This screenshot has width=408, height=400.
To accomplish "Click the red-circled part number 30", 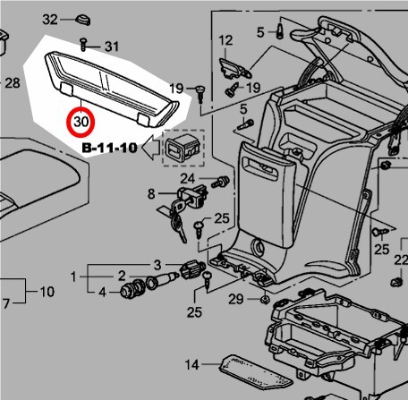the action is [x=81, y=122].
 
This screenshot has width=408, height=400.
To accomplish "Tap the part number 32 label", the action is [x=50, y=20].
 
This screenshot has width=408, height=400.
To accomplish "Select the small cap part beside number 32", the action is [x=82, y=20].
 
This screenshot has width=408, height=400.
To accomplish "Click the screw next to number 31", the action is [x=83, y=44].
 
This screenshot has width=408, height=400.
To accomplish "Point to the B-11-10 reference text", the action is [x=109, y=148].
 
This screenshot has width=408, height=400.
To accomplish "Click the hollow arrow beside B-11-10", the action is [x=151, y=148].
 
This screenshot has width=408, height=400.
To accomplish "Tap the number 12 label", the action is [x=225, y=40].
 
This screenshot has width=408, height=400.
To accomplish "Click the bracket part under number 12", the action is [x=235, y=69].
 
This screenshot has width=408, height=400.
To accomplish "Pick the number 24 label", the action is [x=188, y=179].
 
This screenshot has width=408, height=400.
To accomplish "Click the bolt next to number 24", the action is [x=220, y=182].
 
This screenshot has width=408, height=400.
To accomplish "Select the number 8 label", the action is [x=151, y=194].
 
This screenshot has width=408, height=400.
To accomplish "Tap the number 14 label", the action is [x=191, y=364].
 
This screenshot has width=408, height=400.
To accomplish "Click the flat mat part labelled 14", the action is [x=256, y=372].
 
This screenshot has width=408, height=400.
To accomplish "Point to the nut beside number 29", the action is [x=264, y=299].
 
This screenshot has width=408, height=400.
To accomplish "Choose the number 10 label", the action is [x=47, y=292].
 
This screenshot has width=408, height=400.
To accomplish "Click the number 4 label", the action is [x=102, y=293].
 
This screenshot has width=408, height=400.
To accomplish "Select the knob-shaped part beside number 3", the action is [x=191, y=269].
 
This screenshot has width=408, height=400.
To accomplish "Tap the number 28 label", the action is [x=13, y=83].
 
